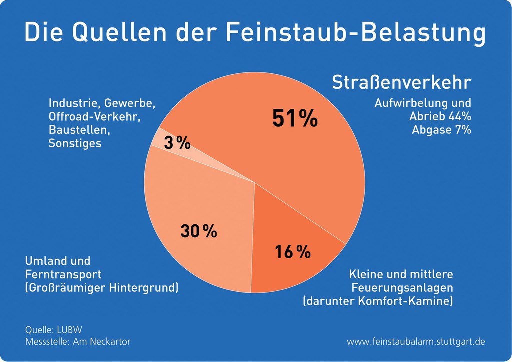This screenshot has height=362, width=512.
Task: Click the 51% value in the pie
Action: pos(295,118)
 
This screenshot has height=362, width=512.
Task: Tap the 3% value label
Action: pos(177,143)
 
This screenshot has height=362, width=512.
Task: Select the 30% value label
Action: pos(199,231)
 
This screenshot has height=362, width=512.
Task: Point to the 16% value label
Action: pos(293,252)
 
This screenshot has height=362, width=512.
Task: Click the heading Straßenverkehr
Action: pos(402,82)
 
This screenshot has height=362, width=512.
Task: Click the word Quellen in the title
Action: pos(120,32)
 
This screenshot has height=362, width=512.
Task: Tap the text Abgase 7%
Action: pos(442,130)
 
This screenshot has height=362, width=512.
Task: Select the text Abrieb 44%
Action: pos(440,116)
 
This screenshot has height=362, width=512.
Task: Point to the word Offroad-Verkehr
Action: pos(94,117)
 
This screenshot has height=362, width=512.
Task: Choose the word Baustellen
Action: pos(79,130)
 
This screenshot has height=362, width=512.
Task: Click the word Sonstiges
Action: pos(75,143)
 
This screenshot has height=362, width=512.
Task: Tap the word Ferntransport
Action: pos(63,274)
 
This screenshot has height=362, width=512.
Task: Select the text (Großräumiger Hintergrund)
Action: pos(102,288)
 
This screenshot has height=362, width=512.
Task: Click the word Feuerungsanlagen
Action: pos(402,288)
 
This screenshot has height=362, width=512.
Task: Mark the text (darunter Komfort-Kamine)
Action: pos(378,301)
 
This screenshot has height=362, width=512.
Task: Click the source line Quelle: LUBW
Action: pos(54,330)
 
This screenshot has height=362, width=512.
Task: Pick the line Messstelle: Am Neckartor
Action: pos(78,342)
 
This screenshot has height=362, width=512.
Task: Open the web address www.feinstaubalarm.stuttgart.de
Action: pos(416,342)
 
